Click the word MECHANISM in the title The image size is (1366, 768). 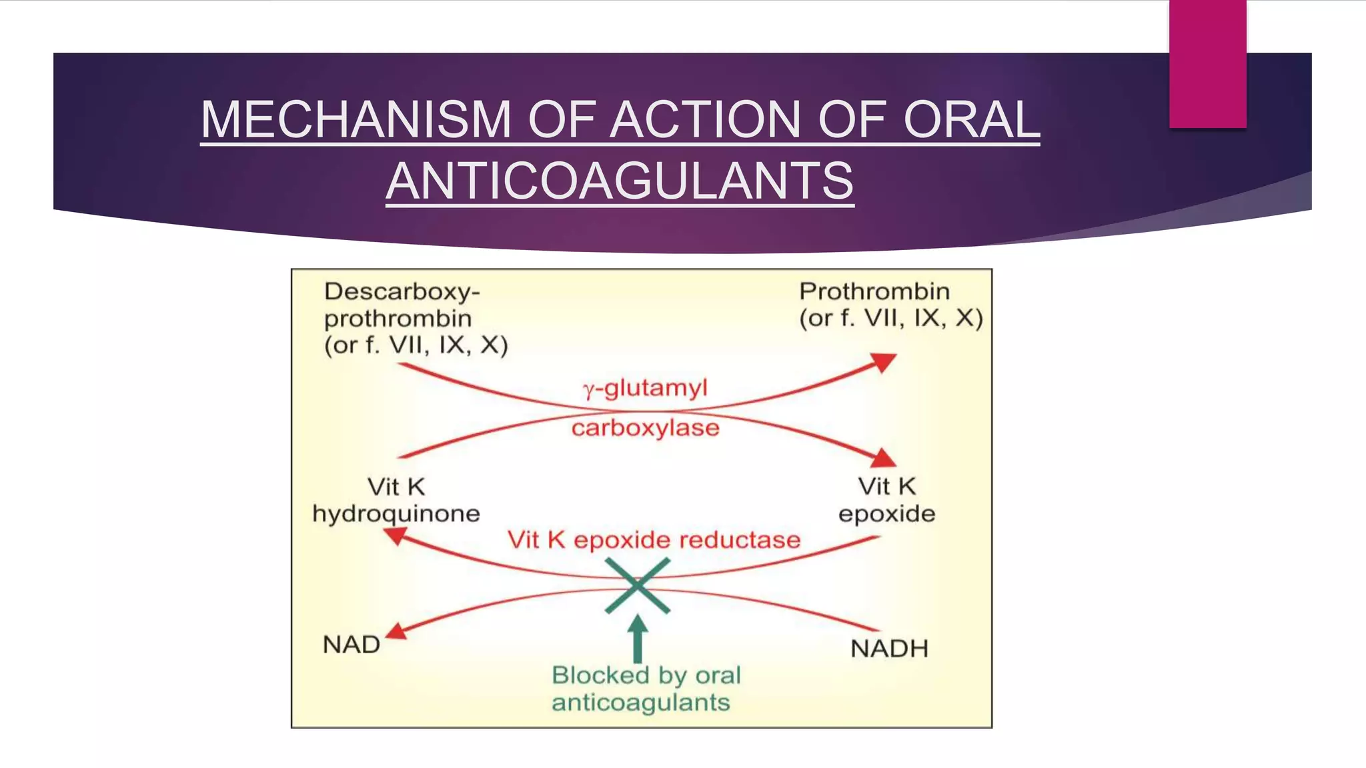click(x=356, y=120)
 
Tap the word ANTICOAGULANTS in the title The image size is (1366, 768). click(x=620, y=181)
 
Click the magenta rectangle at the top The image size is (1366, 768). click(x=1207, y=63)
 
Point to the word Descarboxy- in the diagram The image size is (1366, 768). click(x=402, y=292)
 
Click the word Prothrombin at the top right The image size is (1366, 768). click(x=874, y=291)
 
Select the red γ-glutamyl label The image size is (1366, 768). click(x=645, y=388)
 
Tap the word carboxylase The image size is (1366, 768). click(x=645, y=428)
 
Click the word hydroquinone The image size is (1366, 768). click(x=396, y=514)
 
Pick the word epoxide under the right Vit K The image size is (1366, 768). click(x=886, y=514)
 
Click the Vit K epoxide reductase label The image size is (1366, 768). click(x=654, y=540)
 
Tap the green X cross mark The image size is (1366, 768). click(x=637, y=585)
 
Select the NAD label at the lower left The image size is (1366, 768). click(x=352, y=645)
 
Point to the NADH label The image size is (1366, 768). click(x=889, y=649)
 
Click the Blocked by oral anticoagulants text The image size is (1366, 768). click(x=645, y=689)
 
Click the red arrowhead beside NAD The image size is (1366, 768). click(x=396, y=631)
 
